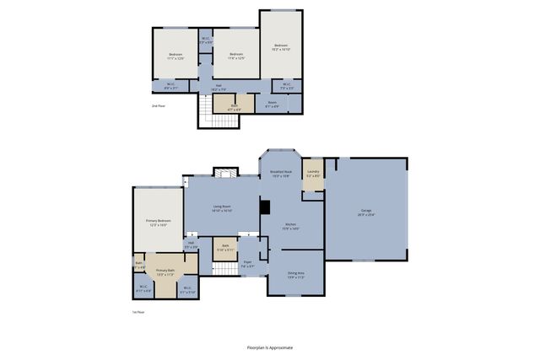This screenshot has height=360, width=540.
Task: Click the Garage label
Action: (366, 212)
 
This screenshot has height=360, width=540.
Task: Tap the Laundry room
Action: (313, 175)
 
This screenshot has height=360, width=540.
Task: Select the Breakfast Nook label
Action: (280, 174)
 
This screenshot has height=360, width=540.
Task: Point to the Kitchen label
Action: (291, 227)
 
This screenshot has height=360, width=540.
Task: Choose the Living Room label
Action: (222, 209)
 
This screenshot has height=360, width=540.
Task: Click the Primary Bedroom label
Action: (158, 223)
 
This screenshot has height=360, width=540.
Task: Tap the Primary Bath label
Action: (165, 272)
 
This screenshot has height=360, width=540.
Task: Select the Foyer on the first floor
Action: (248, 265)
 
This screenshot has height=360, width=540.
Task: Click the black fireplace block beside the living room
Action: (264, 207)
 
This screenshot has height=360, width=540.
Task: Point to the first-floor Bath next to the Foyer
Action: (224, 249)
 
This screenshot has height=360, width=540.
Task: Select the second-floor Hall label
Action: (218, 87)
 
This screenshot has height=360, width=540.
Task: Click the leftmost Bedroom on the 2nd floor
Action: (175, 56)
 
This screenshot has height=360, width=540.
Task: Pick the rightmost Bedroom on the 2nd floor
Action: (280, 47)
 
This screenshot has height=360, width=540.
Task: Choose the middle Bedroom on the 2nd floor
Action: (236, 56)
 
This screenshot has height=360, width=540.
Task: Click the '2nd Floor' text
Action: (158, 106)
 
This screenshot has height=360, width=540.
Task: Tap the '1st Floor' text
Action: (125, 311)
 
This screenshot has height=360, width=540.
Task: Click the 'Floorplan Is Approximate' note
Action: (270, 347)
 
